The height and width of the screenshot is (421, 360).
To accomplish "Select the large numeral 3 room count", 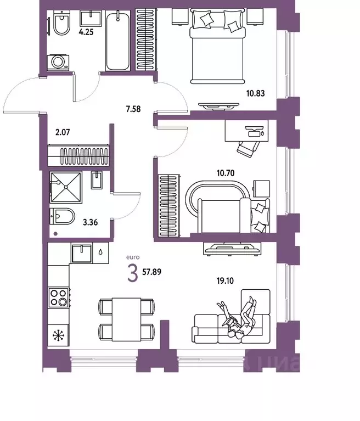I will tap(132, 273).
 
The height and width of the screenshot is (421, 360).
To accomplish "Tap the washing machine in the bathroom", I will tap(58, 62).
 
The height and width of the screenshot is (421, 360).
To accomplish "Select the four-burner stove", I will tap(59, 299).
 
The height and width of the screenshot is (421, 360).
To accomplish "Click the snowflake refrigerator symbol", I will tap(58, 334).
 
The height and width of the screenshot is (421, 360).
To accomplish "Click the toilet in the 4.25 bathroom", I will tap(61, 24).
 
